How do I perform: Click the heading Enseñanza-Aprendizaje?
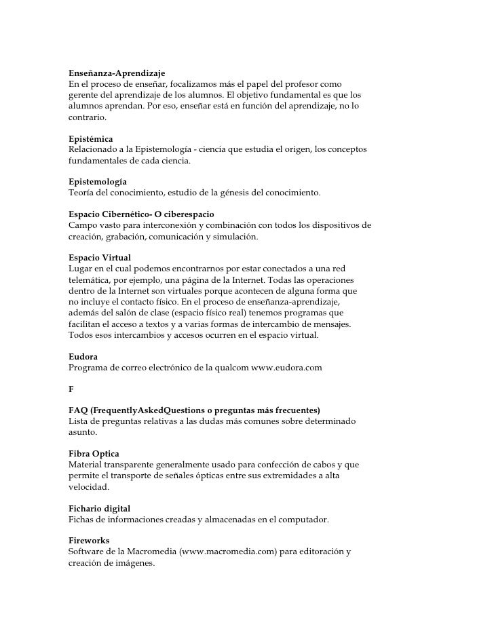[117, 72]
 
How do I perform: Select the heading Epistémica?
[91, 138]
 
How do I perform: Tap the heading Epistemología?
[98, 182]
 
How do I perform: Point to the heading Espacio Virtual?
[100, 258]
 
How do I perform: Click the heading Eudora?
[83, 356]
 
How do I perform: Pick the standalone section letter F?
[72, 389]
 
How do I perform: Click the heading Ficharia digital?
[99, 508]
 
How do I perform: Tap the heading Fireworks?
[89, 541]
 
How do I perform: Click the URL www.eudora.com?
[286, 368]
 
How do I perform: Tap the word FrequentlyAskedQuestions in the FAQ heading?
[139, 411]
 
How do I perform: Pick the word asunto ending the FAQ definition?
[82, 433]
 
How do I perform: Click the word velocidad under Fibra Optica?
[88, 486]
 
